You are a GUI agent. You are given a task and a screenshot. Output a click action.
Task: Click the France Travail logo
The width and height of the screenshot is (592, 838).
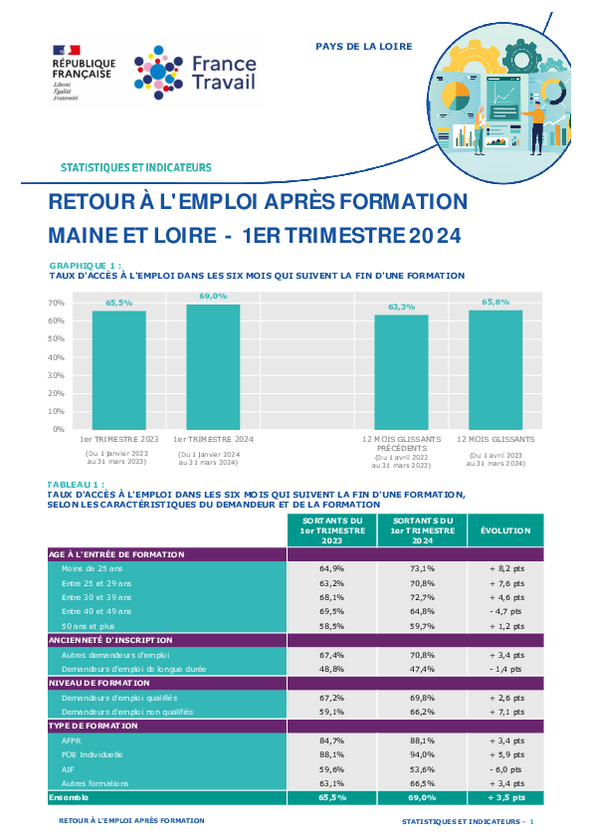195,73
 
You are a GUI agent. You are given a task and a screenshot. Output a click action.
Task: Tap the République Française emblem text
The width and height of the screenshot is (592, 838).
84,69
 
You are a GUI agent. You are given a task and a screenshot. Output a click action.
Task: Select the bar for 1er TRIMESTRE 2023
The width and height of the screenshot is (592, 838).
119,370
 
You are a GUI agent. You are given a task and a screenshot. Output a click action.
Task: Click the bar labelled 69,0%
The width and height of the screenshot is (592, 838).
213,367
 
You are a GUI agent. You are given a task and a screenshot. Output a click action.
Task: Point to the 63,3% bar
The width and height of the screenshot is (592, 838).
401,372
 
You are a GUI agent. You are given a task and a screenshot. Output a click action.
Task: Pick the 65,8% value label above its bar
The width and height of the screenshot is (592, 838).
495,302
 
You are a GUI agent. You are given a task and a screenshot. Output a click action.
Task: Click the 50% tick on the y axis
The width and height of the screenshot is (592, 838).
56,338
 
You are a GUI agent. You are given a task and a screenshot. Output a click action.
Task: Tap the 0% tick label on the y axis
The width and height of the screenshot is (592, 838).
59,429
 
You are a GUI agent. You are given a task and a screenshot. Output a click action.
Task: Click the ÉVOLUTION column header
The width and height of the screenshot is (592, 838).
505,530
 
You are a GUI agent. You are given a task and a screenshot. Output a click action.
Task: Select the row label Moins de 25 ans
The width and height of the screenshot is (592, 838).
92,568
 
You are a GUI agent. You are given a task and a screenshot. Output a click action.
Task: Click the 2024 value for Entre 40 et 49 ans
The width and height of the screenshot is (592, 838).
422,611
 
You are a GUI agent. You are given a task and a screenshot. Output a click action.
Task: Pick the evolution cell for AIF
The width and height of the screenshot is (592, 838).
506,769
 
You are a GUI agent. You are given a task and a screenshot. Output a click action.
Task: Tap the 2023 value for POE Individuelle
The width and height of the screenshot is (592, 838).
331,754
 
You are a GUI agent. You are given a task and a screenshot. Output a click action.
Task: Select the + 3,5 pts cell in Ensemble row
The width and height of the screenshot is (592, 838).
506,797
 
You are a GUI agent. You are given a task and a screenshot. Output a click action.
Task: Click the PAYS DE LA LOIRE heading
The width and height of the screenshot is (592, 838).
364,47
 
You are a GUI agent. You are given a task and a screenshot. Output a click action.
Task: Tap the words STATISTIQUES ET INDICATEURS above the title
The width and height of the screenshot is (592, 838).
135,168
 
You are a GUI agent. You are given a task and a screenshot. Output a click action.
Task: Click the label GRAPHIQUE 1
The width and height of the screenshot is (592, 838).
86,266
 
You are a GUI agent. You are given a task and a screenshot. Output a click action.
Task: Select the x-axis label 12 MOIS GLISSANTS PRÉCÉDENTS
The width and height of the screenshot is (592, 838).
402,444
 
